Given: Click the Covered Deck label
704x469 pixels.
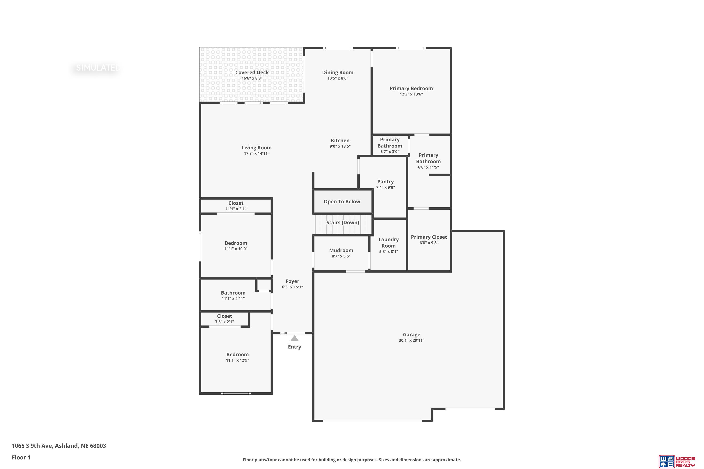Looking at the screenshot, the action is pos(252,72).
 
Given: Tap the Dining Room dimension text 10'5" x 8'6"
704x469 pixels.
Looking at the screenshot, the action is pos(338,78).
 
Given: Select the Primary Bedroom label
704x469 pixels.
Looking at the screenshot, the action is pos(411,88).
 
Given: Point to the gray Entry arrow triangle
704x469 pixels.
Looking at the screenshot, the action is pos(295,338).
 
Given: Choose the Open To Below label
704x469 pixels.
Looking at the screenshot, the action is pos(342,202).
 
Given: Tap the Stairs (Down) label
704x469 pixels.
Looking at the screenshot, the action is pos(343,223).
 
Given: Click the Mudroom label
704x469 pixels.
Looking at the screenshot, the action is pos(341,250).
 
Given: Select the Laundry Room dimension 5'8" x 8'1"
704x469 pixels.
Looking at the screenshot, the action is pos(389,252).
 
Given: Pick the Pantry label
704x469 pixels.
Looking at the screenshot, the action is pos(386,182).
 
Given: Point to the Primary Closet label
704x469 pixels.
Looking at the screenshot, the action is pos(429,237).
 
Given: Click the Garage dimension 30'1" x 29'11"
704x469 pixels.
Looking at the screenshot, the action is pos(411,340).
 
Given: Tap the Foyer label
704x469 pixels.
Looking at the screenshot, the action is pos(292,281).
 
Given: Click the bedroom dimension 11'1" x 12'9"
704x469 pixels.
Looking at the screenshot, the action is pos(237,360).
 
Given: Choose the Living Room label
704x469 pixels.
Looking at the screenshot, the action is pos(256,148).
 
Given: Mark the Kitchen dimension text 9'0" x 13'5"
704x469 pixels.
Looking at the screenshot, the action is pos(340,146).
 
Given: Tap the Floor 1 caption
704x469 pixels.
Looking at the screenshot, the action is pos(21,457).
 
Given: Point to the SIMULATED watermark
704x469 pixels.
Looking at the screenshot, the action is pos(98,68).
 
